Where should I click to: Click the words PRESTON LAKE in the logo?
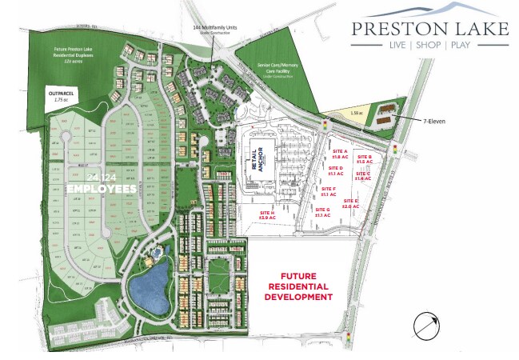pos(430,29)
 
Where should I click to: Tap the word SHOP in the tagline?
pos(431,46)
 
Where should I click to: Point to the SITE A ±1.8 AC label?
pos(340,154)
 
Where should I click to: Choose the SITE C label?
pos(363,176)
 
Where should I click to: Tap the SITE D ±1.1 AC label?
pos(337,171)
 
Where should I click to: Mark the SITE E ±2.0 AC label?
pos(350,203)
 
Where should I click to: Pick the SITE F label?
pos(328,190)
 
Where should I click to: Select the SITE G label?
pos(301,212)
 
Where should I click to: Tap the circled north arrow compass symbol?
pos(425,327)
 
